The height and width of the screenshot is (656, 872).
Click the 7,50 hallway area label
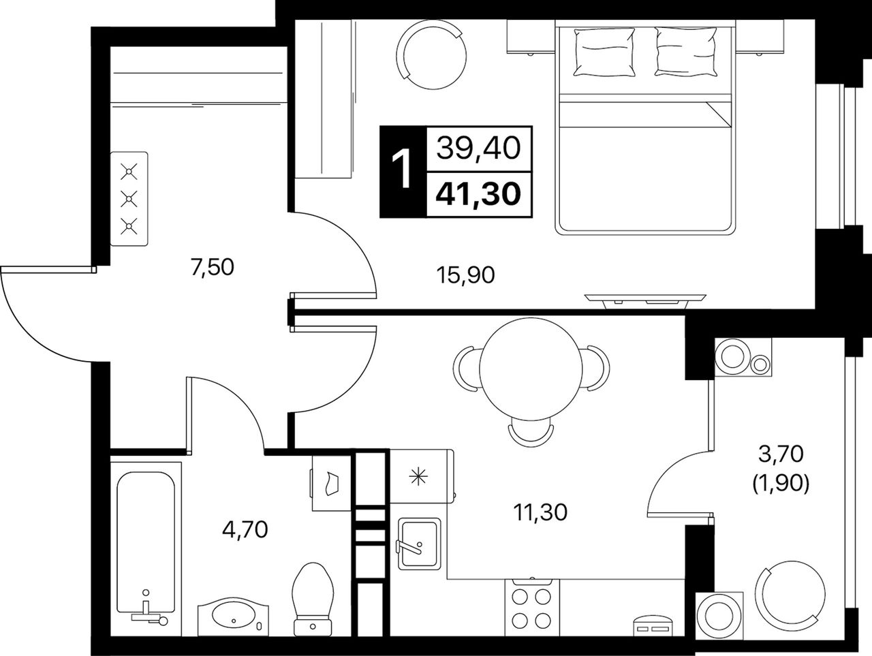pyautogui.click(x=212, y=268)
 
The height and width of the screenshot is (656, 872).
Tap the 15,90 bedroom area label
pyautogui.click(x=465, y=275)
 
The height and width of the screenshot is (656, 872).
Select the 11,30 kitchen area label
pyautogui.click(x=540, y=512)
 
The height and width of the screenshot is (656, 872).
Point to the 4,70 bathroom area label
pyautogui.click(x=245, y=529)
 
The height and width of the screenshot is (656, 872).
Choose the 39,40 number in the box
pyautogui.click(x=478, y=149)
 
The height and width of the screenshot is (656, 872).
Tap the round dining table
pyautogui.click(x=531, y=368)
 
